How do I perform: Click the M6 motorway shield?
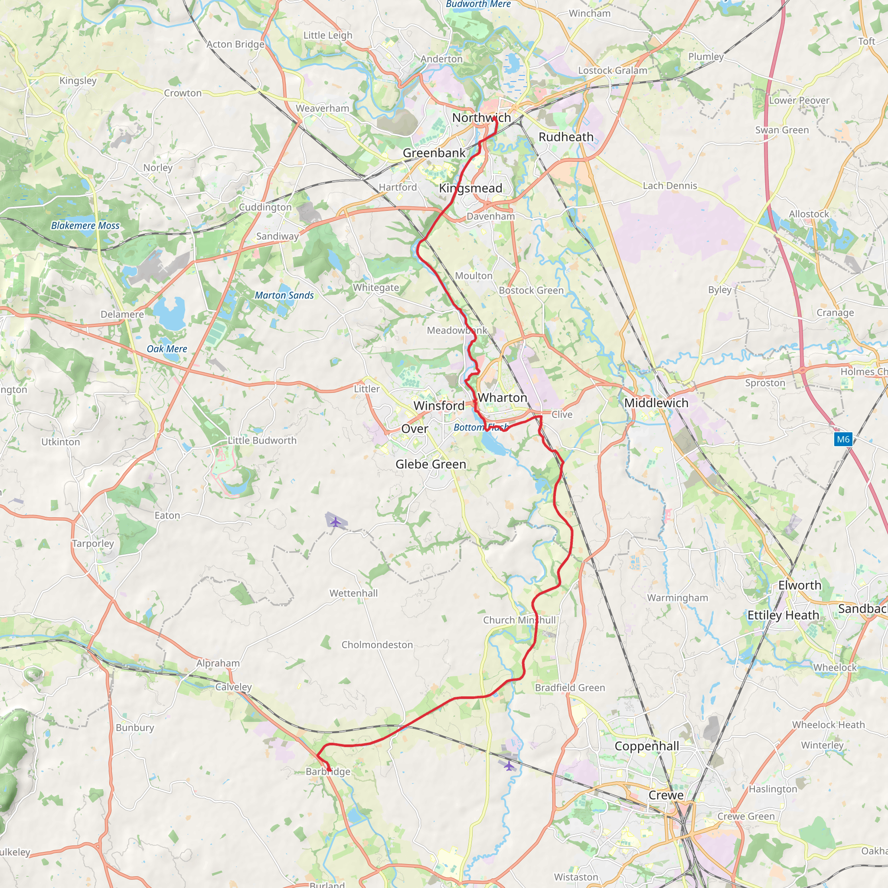pyautogui.click(x=843, y=439)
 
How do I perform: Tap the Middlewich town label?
pyautogui.click(x=656, y=403)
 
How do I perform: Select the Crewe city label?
pyautogui.click(x=666, y=795)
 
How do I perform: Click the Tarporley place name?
pyautogui.click(x=93, y=543)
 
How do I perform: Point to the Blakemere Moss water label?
pyautogui.click(x=85, y=225)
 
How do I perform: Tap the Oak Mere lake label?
pyautogui.click(x=167, y=349)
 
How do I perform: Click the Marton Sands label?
pyautogui.click(x=284, y=296)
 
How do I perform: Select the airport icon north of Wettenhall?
pyautogui.click(x=336, y=522)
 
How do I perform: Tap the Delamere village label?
pyautogui.click(x=122, y=314)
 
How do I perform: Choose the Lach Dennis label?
pyautogui.click(x=669, y=186)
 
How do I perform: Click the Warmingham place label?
pyautogui.click(x=678, y=597)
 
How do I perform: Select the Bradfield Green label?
pyautogui.click(x=570, y=688)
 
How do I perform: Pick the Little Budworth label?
pyautogui.click(x=262, y=441)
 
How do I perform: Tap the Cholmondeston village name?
pyautogui.click(x=377, y=645)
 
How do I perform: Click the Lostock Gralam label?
pyautogui.click(x=612, y=70)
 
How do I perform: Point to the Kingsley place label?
pyautogui.click(x=78, y=81)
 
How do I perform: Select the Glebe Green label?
pyautogui.click(x=431, y=464)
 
